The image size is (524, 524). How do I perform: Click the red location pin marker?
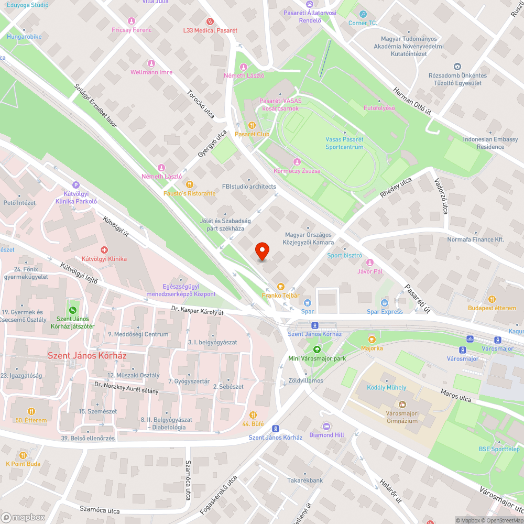(262, 252)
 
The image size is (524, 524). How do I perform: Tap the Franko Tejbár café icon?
(281, 287)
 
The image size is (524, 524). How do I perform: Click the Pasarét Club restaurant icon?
(252, 125)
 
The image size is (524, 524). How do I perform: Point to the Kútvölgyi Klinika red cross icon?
(104, 250)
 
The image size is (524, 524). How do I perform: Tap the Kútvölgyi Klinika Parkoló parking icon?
(77, 184)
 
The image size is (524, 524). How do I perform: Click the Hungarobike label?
(24, 37)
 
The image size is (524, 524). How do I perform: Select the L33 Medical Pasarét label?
(210, 30)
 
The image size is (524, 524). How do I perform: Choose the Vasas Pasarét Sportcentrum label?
(344, 143)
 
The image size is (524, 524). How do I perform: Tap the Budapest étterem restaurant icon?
(492, 299)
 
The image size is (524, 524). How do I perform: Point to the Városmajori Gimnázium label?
(402, 417)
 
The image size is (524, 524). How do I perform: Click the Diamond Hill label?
(327, 435)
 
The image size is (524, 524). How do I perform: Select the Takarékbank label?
(305, 480)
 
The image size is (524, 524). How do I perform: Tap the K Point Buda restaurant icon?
(23, 455)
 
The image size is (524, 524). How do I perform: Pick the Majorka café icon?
(372, 339)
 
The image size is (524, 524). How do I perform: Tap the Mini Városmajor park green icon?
(316, 350)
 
